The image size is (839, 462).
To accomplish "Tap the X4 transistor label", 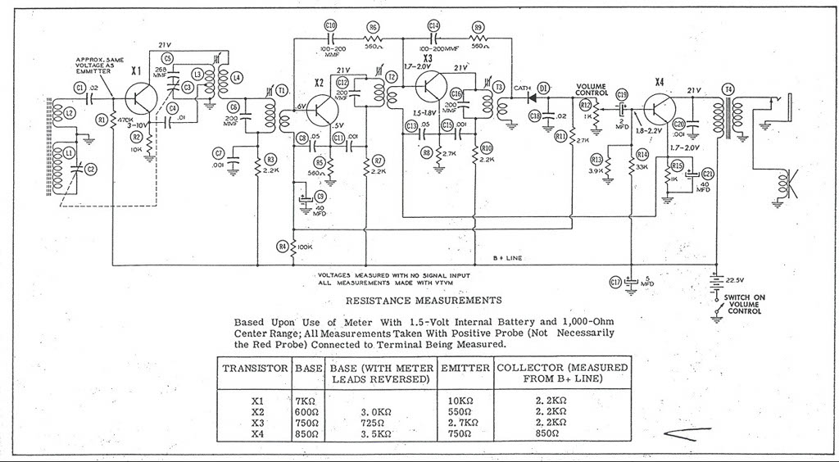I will tap(660, 82).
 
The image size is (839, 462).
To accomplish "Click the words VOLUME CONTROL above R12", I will tap(592, 89).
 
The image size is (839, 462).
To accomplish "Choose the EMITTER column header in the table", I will tap(465, 368).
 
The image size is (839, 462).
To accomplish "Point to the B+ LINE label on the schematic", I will tap(501, 257).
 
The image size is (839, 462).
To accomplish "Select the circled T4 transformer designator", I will tap(727, 88).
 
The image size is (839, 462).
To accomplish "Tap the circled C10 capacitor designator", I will tap(331, 26).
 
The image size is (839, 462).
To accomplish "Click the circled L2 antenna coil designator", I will tap(70, 112).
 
